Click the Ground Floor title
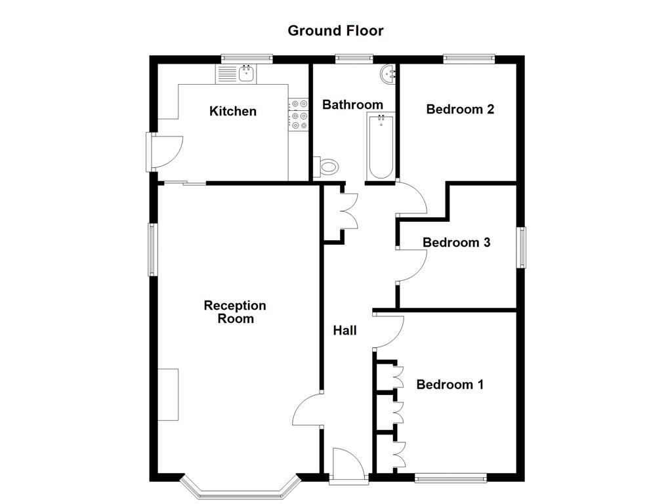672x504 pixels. tap(335, 30)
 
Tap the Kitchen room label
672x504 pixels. tap(232, 111)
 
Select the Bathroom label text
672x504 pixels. tap(352, 104)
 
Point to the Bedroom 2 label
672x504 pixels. tap(459, 109)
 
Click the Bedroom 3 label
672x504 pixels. tap(456, 242)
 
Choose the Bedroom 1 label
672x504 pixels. tap(450, 384)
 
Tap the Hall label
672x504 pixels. tap(345, 330)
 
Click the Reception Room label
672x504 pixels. tap(235, 312)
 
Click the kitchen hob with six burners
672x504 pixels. tap(299, 114)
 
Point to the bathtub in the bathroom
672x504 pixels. tap(381, 146)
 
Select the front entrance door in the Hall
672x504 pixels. tap(347, 465)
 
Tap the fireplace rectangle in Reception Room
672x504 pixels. tap(168, 394)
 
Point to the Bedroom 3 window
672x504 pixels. tap(521, 247)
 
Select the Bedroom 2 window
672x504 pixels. tap(469, 58)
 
